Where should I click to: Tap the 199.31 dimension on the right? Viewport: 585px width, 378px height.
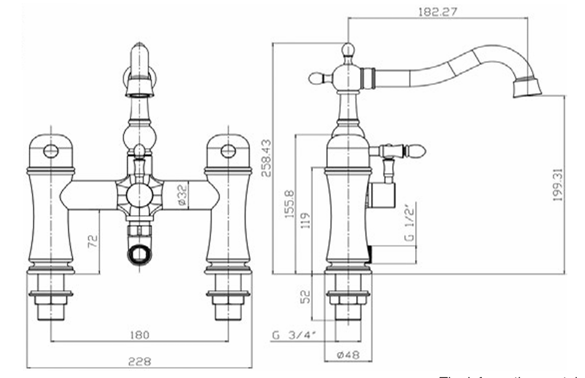(x=557, y=184)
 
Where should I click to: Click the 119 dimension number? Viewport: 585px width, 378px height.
(x=306, y=220)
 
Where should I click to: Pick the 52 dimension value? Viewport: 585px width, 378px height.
(x=306, y=295)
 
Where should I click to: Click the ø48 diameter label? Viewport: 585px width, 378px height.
(x=348, y=355)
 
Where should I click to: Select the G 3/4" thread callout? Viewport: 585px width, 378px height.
(x=292, y=335)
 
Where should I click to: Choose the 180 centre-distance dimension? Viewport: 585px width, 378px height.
(x=139, y=334)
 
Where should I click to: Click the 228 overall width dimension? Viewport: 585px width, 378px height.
(x=139, y=361)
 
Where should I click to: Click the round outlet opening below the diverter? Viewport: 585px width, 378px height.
(x=140, y=253)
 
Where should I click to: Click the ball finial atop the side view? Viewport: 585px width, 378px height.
(x=348, y=49)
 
